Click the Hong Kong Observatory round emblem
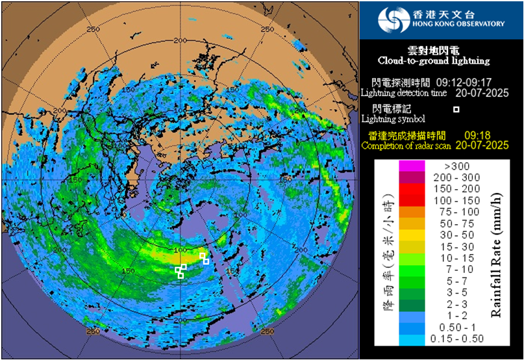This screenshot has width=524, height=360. tap(393, 19)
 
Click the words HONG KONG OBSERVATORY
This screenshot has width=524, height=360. tap(458, 24)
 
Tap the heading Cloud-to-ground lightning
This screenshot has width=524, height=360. tap(434, 60)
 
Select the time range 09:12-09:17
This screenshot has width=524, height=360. tap(463, 83)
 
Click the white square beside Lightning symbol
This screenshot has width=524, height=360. tap(456, 109)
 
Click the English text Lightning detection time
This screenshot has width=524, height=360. tap(404, 93)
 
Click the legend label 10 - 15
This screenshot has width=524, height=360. tap(458, 258)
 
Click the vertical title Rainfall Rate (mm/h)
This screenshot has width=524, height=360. tap(497, 252)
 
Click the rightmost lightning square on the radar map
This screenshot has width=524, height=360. tap(206, 261)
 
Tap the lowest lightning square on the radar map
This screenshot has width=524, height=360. tap(181, 276)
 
